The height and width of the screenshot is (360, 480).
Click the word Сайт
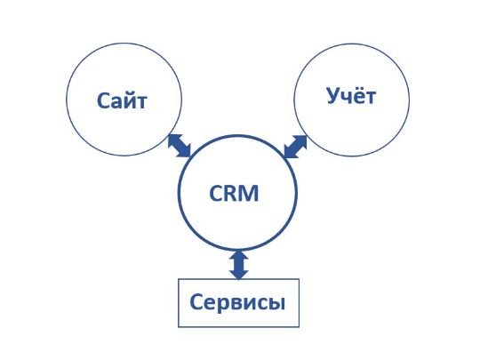[122, 100]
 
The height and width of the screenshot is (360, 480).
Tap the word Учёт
[351, 96]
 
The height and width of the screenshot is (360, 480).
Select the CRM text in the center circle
[234, 193]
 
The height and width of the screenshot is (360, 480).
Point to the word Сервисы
[237, 302]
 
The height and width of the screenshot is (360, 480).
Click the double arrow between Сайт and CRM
[180, 146]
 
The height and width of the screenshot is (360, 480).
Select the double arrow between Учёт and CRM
[295, 147]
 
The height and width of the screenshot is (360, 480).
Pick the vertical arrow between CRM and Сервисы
[239, 265]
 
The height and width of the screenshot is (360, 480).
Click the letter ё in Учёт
[357, 96]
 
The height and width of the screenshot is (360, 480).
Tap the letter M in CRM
[249, 193]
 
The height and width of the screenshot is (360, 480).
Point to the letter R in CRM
[230, 193]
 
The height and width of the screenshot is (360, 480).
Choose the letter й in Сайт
[128, 100]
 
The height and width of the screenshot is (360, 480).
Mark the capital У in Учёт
[333, 96]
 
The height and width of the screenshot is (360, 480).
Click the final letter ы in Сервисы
[277, 304]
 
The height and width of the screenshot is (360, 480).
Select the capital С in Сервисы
[196, 302]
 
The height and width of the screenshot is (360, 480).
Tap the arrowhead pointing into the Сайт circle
[173, 140]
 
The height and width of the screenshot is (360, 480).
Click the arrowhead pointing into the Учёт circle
[301, 140]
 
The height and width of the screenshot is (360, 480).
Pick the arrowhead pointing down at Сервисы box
[239, 275]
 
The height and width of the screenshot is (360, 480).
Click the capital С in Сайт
[103, 100]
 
